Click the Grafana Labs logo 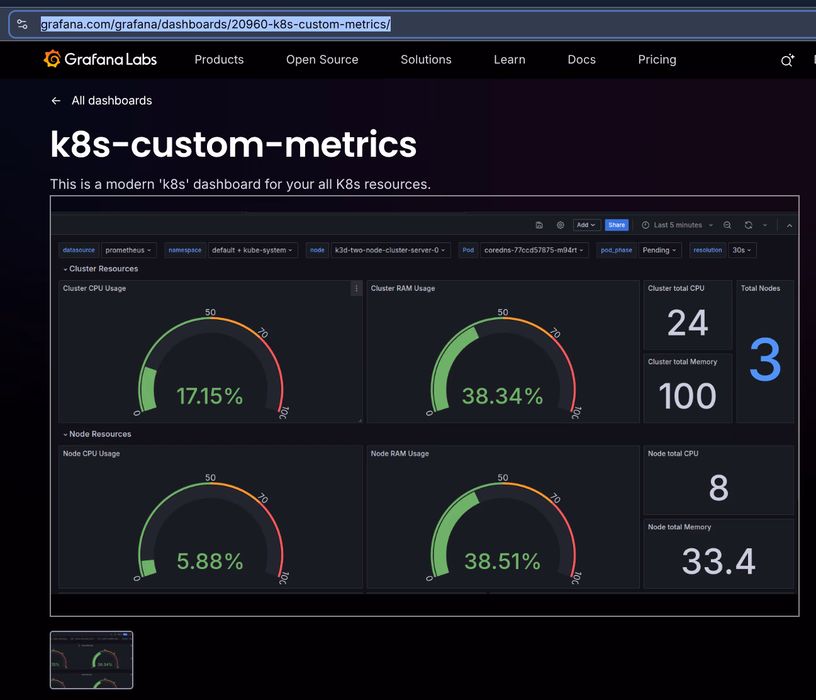[101, 59]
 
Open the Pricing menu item [657, 59]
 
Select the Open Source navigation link [322, 59]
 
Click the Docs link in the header [581, 59]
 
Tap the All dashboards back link [102, 101]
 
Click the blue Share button [617, 225]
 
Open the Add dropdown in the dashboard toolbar [586, 225]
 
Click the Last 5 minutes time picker [678, 225]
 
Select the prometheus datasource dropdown [128, 250]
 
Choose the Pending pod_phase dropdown [659, 250]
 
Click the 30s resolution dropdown [742, 250]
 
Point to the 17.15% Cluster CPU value [210, 396]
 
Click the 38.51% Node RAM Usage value [502, 561]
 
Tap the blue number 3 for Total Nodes [765, 360]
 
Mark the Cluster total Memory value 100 [687, 396]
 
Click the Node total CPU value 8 [718, 488]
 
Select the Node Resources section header [99, 434]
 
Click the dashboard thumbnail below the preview [92, 660]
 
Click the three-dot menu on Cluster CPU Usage [356, 288]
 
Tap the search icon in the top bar [787, 60]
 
